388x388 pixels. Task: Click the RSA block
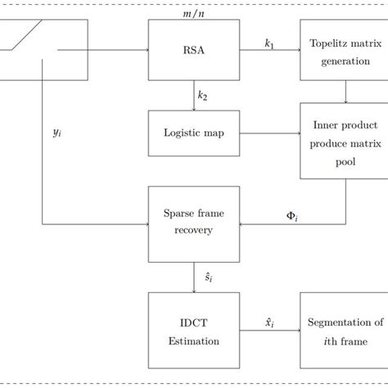point(193,49)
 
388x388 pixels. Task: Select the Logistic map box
point(193,133)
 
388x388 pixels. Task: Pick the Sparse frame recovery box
point(193,222)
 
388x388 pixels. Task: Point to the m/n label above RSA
point(193,11)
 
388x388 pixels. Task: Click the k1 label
point(268,40)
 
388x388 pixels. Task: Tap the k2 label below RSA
point(202,95)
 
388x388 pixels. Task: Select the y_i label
point(57,131)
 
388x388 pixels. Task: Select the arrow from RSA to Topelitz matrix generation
point(269,50)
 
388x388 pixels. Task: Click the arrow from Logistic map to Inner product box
point(269,133)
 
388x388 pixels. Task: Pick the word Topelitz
point(324,42)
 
